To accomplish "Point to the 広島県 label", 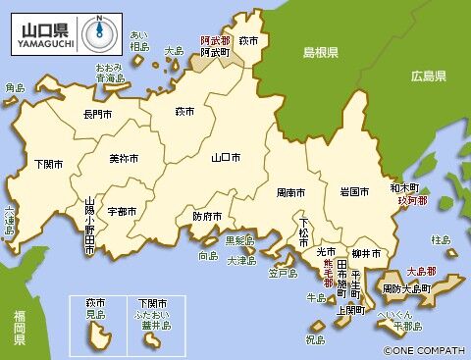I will (429, 76).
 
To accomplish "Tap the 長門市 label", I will (98, 115).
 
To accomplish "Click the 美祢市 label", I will (123, 158).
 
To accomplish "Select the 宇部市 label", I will (123, 211).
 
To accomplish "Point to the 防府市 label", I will (207, 216).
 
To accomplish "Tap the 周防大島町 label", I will (405, 289).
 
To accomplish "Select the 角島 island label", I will (14, 87).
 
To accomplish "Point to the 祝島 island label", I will (315, 339).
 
